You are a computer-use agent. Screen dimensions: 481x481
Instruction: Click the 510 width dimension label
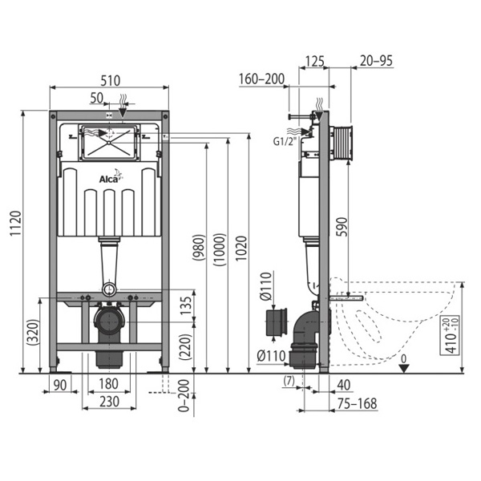point(111,81)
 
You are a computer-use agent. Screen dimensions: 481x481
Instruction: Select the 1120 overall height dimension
point(15,223)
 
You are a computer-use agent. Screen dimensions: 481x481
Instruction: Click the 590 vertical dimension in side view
point(342,227)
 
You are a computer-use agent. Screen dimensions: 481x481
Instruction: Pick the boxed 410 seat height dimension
point(450,335)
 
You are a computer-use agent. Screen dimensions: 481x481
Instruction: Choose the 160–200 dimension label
point(261,79)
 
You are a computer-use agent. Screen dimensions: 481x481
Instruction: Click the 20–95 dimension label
point(376,61)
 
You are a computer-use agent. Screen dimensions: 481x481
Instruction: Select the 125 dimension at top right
point(314,62)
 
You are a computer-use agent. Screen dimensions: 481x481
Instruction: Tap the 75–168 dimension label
point(357,404)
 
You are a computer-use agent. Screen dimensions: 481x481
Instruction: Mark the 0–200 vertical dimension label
point(184,395)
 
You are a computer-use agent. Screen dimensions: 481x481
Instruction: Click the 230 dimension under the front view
point(109,402)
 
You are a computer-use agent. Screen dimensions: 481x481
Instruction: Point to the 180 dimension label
point(108,384)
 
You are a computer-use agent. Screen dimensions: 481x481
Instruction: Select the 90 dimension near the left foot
point(60,386)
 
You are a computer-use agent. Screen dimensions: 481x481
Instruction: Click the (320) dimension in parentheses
point(33,333)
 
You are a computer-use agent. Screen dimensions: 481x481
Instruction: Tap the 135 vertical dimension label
point(186,305)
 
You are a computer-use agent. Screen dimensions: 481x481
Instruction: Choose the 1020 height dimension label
point(241,249)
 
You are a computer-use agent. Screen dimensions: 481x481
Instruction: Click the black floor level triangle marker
point(404,369)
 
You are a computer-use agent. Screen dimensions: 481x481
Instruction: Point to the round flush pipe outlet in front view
point(109,289)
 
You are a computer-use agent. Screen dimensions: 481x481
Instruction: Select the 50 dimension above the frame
point(97,98)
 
